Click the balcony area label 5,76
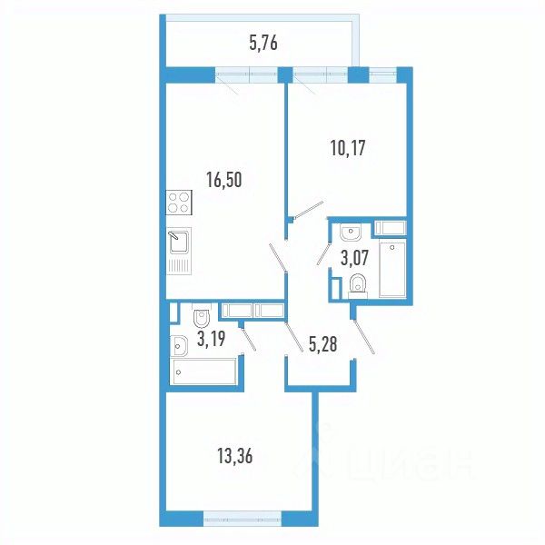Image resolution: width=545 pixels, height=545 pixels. click(x=264, y=41)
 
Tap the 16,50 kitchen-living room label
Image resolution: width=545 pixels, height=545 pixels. click(x=225, y=180)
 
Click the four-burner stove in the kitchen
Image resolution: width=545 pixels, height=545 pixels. click(x=178, y=204)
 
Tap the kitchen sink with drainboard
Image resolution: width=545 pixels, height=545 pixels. click(x=178, y=250)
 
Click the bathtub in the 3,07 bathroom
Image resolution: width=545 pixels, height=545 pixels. click(x=392, y=268)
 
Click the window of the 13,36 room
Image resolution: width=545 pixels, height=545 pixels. click(x=242, y=520)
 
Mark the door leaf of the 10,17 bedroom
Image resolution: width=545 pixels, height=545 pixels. click(x=307, y=209)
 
